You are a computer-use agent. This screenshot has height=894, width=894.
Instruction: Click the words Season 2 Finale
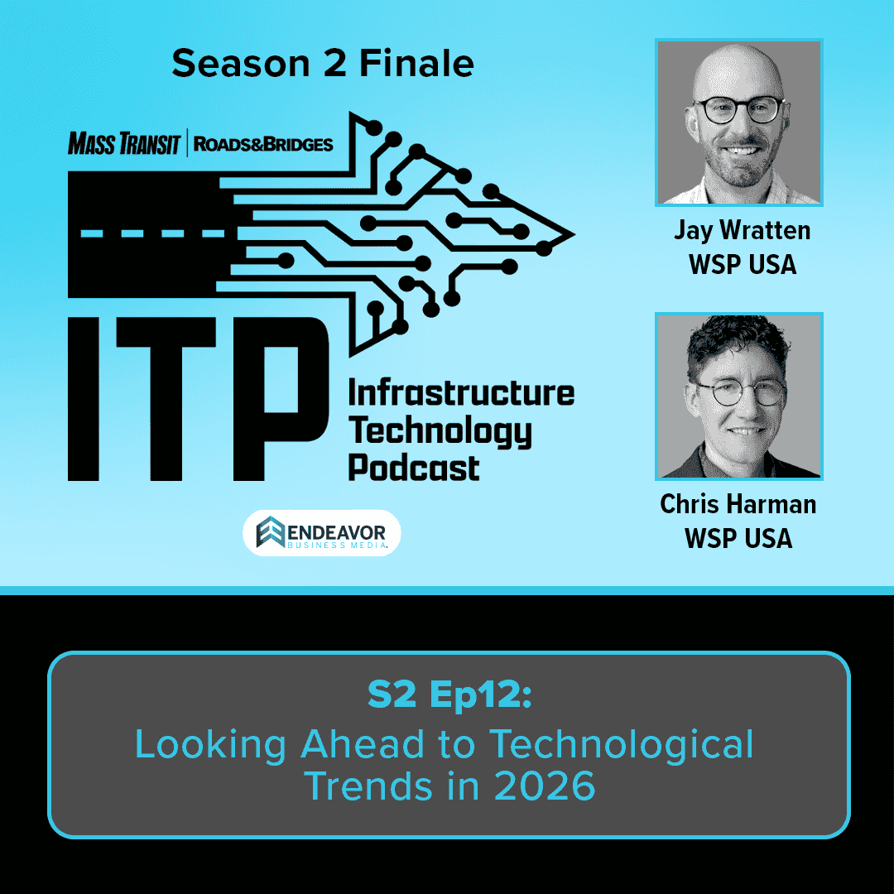(323, 65)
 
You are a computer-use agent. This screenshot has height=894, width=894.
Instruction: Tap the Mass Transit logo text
(124, 145)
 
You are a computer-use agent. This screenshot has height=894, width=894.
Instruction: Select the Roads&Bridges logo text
(263, 145)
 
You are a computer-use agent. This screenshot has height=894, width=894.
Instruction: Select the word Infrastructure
(460, 392)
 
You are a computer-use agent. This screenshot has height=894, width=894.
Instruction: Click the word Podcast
(413, 467)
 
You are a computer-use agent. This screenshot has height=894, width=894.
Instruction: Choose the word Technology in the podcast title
(439, 430)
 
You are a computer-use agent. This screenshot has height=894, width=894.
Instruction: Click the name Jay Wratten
(742, 230)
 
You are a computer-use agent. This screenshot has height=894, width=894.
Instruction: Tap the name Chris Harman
(738, 504)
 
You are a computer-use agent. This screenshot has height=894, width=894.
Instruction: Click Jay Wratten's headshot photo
(739, 122)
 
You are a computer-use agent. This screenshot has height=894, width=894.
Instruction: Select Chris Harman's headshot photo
(739, 396)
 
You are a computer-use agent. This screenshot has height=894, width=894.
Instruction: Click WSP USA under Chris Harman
(738, 538)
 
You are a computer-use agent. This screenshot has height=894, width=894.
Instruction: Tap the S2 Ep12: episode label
(448, 696)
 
